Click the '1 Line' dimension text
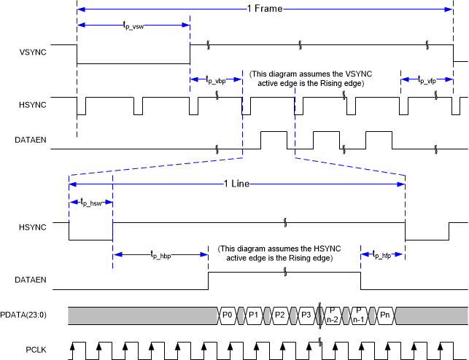[x=236, y=184]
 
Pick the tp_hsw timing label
[x=90, y=204]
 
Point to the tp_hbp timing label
[x=160, y=255]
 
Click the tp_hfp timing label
[x=383, y=255]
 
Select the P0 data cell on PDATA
[x=227, y=315]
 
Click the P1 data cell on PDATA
[x=254, y=315]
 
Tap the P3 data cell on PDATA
[x=306, y=315]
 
